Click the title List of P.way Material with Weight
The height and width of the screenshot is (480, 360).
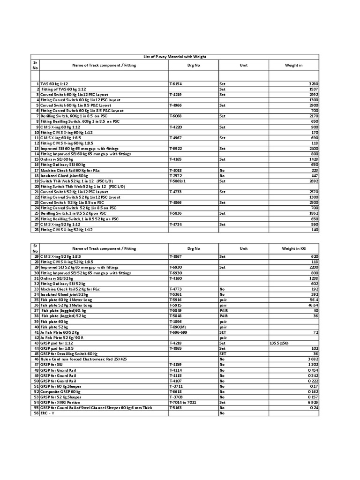pyautogui.click(x=174, y=57)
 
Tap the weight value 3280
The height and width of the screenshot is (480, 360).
pyautogui.click(x=312, y=83)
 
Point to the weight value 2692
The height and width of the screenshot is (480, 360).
pyautogui.click(x=312, y=181)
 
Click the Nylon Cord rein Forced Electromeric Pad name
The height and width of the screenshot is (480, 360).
pyautogui.click(x=83, y=359)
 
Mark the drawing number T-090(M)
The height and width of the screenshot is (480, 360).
pyautogui.click(x=178, y=326)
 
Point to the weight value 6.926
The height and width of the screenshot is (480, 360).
pyautogui.click(x=312, y=402)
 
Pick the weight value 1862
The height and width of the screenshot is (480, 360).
pyautogui.click(x=312, y=213)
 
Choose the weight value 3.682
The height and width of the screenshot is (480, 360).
pyautogui.click(x=312, y=359)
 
